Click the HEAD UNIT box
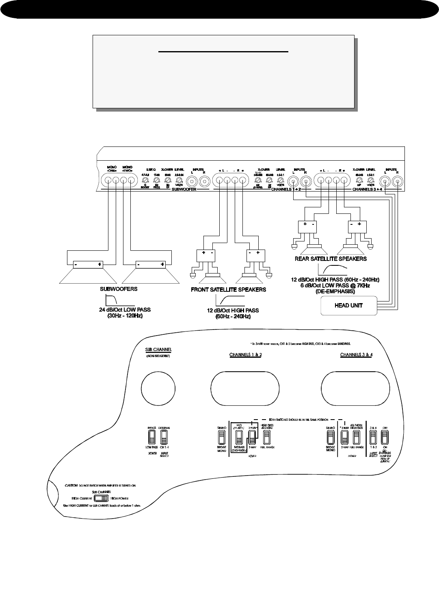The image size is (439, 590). click(x=348, y=306)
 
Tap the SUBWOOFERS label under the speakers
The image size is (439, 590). click(x=119, y=290)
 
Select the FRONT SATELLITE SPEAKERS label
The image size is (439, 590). click(x=229, y=290)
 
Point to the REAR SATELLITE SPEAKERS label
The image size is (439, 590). click(x=331, y=258)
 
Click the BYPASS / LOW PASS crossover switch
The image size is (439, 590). click(x=152, y=438)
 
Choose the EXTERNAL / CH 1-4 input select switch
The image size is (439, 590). click(x=164, y=438)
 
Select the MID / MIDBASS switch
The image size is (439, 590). click(x=239, y=438)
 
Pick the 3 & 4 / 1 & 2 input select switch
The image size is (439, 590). click(x=372, y=438)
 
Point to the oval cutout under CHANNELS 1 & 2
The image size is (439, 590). click(x=245, y=387)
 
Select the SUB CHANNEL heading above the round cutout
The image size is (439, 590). click(x=158, y=349)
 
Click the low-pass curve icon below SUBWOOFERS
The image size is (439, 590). click(x=112, y=300)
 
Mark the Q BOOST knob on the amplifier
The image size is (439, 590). click(x=145, y=180)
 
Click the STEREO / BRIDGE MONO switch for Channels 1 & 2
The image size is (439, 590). click(x=222, y=438)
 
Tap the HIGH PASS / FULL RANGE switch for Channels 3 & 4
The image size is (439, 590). click(x=356, y=438)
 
